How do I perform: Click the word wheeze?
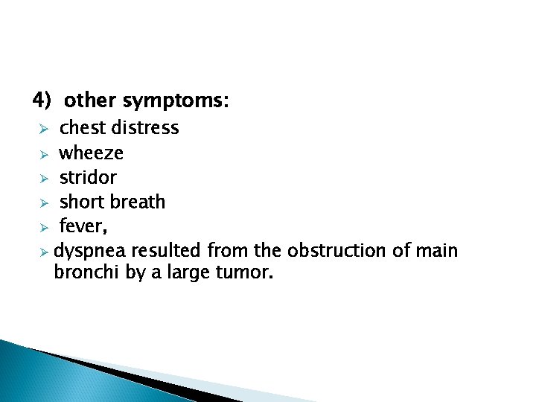(92, 153)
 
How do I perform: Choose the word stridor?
(88, 177)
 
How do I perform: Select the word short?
(83, 202)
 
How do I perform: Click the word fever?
(78, 226)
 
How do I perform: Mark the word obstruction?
(338, 251)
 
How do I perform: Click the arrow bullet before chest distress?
(44, 129)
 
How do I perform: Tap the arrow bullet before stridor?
(44, 178)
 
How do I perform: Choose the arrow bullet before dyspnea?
(44, 252)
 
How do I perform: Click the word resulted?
(167, 251)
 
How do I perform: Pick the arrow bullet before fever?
(44, 227)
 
